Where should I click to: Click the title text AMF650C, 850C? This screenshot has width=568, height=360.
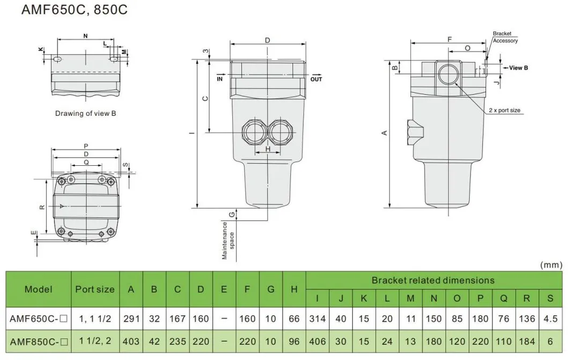coord(74,10)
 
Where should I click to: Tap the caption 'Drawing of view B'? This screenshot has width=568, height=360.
coord(85,113)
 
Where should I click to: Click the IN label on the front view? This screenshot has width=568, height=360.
coord(219,78)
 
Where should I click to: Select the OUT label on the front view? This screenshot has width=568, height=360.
coord(316,79)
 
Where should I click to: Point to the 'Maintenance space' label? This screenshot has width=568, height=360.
coord(228,240)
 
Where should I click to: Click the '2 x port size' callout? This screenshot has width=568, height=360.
coord(505,111)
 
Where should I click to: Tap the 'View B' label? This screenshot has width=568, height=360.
coord(518,68)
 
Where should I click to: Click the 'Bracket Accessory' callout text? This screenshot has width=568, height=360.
coord(505,37)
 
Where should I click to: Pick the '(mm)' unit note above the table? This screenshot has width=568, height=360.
coord(551,265)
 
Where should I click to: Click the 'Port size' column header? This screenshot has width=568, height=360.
coord(95,289)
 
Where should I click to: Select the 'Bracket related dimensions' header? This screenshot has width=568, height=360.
coord(433,280)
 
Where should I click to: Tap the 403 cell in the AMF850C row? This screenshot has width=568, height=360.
coord(131,342)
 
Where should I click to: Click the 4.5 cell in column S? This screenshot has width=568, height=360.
coord(550,319)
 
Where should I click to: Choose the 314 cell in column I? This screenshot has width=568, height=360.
coord(318,319)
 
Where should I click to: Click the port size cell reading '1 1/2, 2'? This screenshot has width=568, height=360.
coord(95,341)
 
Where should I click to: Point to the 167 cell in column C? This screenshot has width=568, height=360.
coord(178,319)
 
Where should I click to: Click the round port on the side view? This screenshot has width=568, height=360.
coord(449,75)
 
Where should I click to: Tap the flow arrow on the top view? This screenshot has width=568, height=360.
coord(62,206)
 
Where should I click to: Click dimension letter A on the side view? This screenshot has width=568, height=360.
coord(385,133)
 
